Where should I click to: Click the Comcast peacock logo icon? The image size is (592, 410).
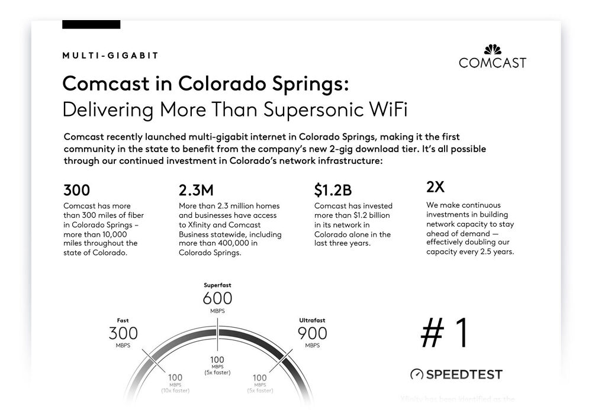[x=493, y=50]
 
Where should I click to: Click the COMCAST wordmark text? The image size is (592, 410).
[x=493, y=63]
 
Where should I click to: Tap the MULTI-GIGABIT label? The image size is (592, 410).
[x=110, y=56]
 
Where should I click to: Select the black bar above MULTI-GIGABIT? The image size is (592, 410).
[x=91, y=24]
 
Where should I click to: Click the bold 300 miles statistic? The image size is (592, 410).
[x=76, y=190]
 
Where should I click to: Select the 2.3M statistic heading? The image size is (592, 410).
[x=196, y=190]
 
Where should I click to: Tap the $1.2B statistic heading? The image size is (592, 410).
[x=333, y=190]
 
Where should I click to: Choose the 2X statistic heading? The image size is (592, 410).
[x=435, y=187]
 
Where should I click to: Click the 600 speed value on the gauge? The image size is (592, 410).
[x=217, y=298]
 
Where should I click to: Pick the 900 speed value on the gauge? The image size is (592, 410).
[x=312, y=333]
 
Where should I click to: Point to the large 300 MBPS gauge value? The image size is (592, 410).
[x=123, y=333]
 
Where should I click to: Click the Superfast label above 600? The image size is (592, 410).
[x=217, y=285]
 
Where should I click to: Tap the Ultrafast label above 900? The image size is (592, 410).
[x=312, y=321]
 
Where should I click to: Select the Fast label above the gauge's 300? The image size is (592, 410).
[x=123, y=321]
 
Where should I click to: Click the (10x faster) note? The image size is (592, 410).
[x=175, y=390]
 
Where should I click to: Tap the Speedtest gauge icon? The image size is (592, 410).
[x=417, y=375]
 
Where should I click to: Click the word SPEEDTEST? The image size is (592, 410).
[x=464, y=375]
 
